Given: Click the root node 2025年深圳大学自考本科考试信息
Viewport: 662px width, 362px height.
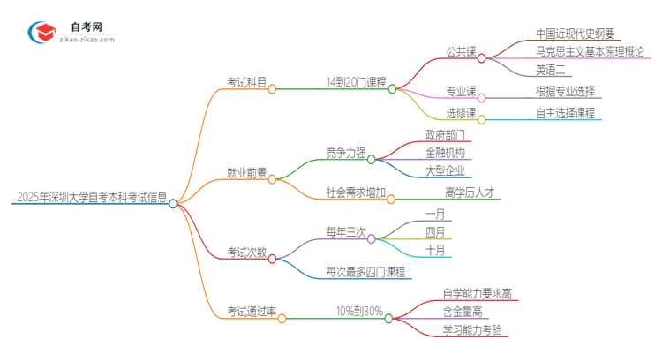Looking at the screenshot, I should click(x=92, y=196).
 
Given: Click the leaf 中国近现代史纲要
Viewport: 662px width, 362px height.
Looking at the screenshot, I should click(x=578, y=34).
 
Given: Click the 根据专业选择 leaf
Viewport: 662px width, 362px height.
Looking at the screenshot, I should click(x=565, y=91).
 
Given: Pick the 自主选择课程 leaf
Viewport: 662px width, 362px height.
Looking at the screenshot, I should click(x=565, y=112).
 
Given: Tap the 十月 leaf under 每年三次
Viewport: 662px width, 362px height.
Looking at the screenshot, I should click(x=435, y=250).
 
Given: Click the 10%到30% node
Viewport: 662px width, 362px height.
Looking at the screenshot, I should click(x=359, y=312).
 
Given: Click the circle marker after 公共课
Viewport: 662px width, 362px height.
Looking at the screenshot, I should click(x=482, y=57).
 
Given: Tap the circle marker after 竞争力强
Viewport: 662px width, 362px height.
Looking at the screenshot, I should click(x=372, y=159).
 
